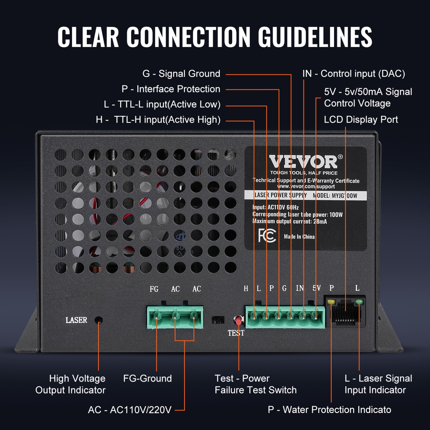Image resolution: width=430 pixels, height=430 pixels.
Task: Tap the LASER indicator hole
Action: (99, 320)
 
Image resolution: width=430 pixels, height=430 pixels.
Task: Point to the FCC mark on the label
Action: (267, 236)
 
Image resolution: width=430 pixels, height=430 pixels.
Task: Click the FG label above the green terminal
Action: (154, 289)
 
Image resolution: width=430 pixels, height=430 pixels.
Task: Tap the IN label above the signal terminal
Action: (300, 288)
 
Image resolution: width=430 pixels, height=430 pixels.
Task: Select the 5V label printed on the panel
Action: (316, 288)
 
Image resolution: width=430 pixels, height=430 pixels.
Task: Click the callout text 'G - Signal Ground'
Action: (181, 74)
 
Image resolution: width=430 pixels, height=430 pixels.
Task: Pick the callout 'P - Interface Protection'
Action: (171, 89)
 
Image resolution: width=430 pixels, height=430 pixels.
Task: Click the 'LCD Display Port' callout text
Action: (361, 120)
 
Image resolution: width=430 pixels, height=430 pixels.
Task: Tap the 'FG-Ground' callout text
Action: (147, 378)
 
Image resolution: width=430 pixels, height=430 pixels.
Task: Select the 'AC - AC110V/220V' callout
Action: (130, 410)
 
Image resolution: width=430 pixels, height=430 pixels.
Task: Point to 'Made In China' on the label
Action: (299, 237)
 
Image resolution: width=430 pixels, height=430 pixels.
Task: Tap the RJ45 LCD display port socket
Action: (345, 312)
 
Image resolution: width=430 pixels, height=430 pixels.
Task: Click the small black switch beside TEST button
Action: (218, 320)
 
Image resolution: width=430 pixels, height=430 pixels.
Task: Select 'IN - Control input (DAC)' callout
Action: (353, 74)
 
